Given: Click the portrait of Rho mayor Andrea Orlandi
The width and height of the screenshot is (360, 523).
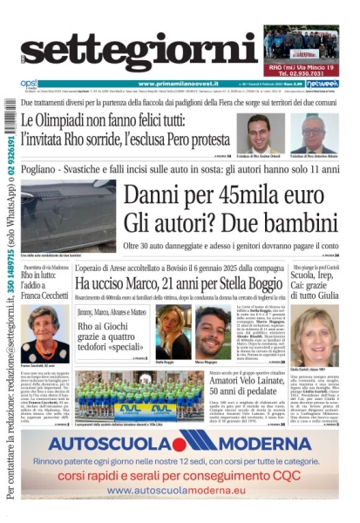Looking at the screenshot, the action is [260, 132].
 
